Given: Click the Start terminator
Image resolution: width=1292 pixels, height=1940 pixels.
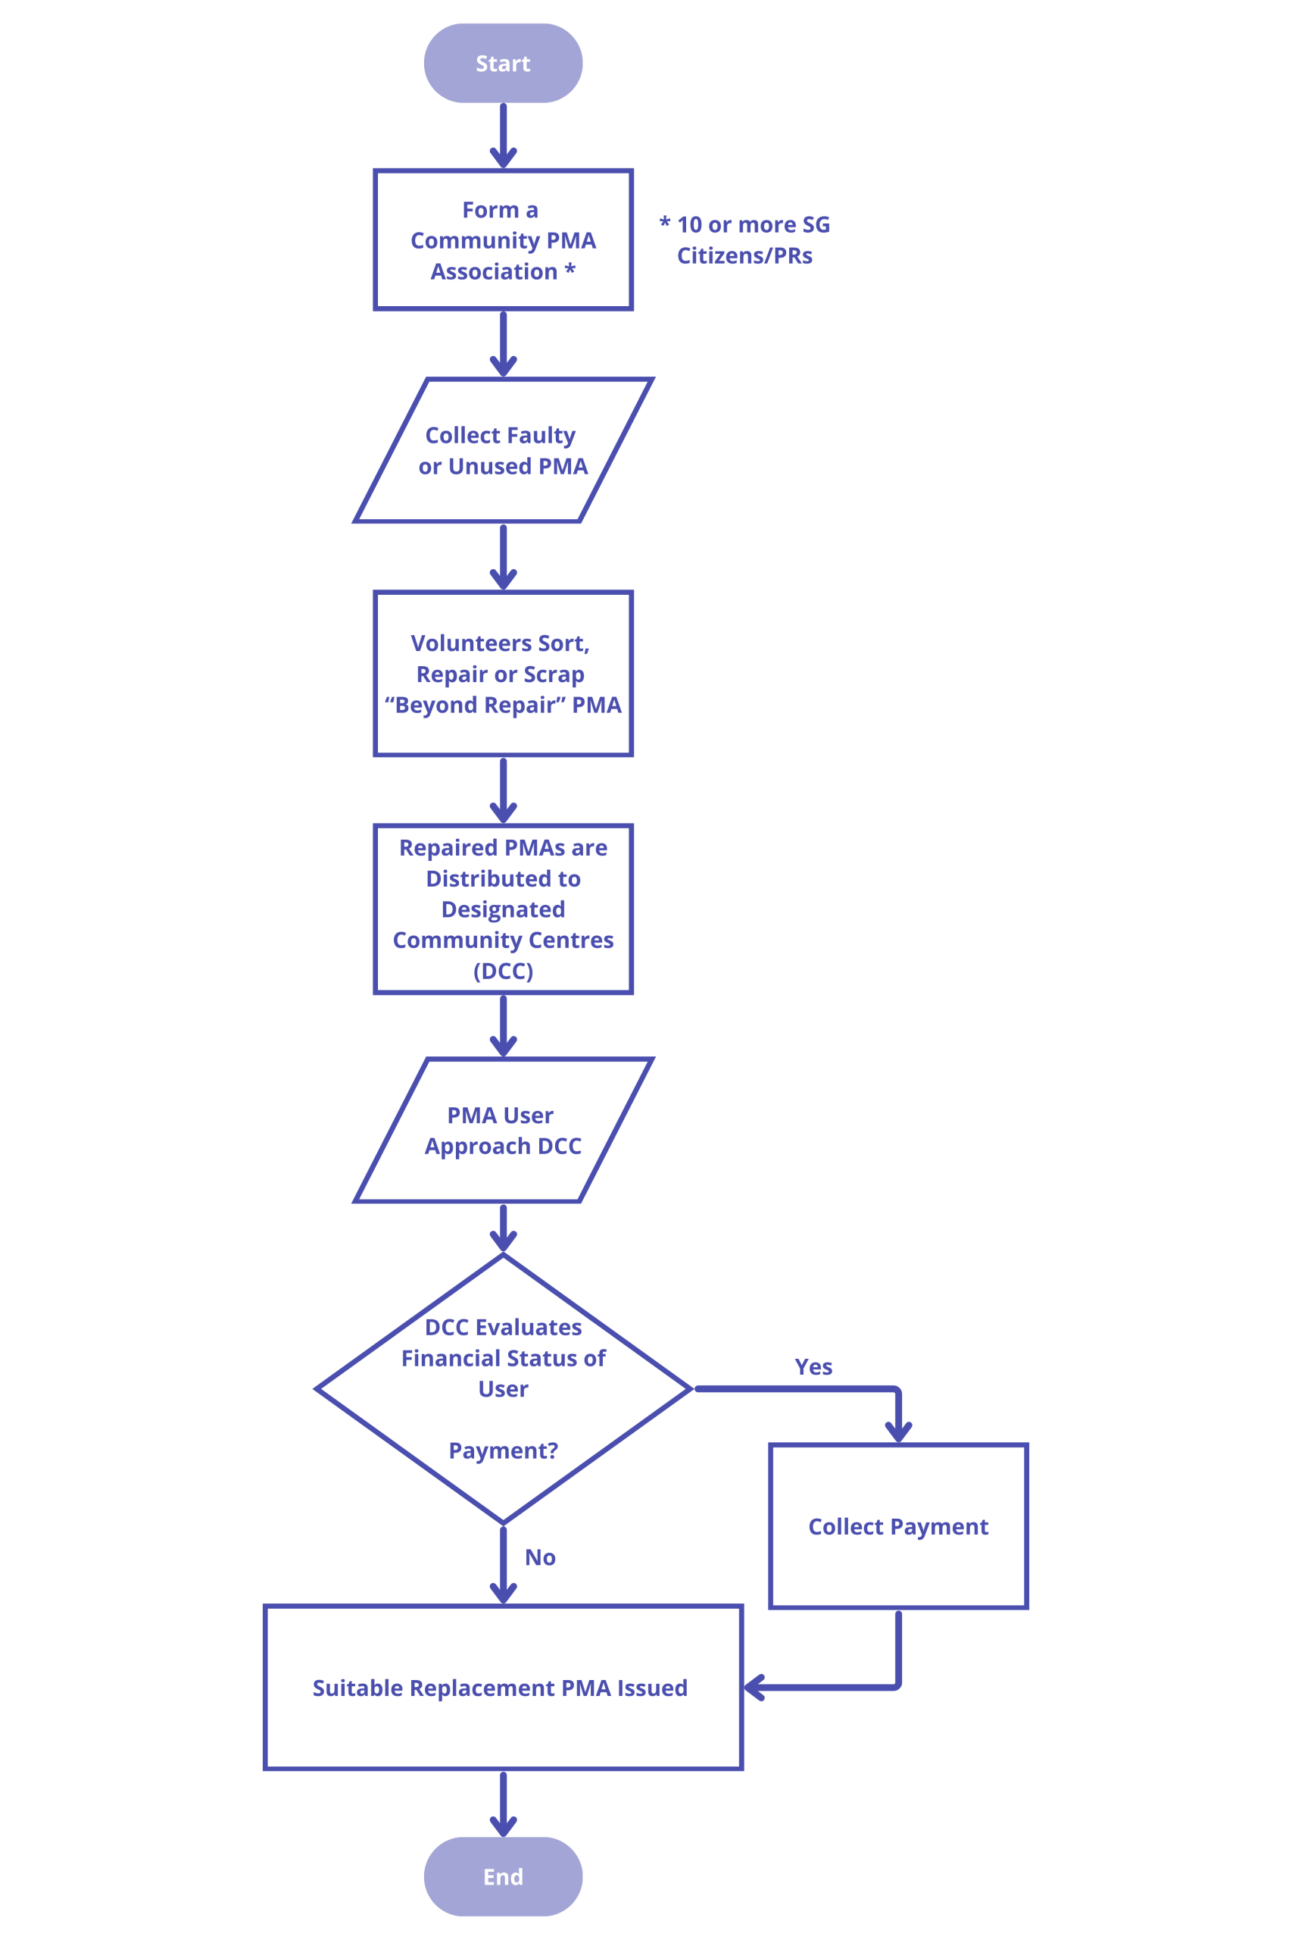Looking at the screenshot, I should tap(503, 64).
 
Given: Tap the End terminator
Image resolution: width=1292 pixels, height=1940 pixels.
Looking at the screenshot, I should tap(503, 1876).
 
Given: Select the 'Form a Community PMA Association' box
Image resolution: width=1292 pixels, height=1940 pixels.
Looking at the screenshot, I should tap(503, 240).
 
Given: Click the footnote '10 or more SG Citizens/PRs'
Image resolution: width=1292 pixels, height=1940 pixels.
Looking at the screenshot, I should tap(745, 240).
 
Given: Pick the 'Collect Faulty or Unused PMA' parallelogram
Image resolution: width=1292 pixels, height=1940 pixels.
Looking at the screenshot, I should tap(503, 450).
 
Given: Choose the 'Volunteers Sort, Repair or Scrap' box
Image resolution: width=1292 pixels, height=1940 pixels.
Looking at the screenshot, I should tap(503, 674).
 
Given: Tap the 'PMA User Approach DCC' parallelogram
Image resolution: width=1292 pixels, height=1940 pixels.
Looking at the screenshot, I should tap(503, 1131).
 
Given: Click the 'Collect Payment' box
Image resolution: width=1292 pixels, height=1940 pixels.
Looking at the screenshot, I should tap(898, 1526).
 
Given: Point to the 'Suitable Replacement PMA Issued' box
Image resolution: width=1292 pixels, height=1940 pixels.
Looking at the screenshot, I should tap(503, 1687).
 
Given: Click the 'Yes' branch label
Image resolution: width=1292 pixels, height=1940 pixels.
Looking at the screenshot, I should tap(813, 1367).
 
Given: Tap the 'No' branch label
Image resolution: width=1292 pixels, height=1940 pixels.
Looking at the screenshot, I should tap(540, 1557).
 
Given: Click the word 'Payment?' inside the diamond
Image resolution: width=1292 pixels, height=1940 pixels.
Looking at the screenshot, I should tap(503, 1450).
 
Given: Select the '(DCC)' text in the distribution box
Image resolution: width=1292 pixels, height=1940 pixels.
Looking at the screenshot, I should tap(503, 972).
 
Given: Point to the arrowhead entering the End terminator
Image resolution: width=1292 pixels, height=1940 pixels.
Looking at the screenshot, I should tap(503, 1826).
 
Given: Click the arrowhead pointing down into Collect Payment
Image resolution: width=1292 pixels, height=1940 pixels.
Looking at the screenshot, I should tap(898, 1432).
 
